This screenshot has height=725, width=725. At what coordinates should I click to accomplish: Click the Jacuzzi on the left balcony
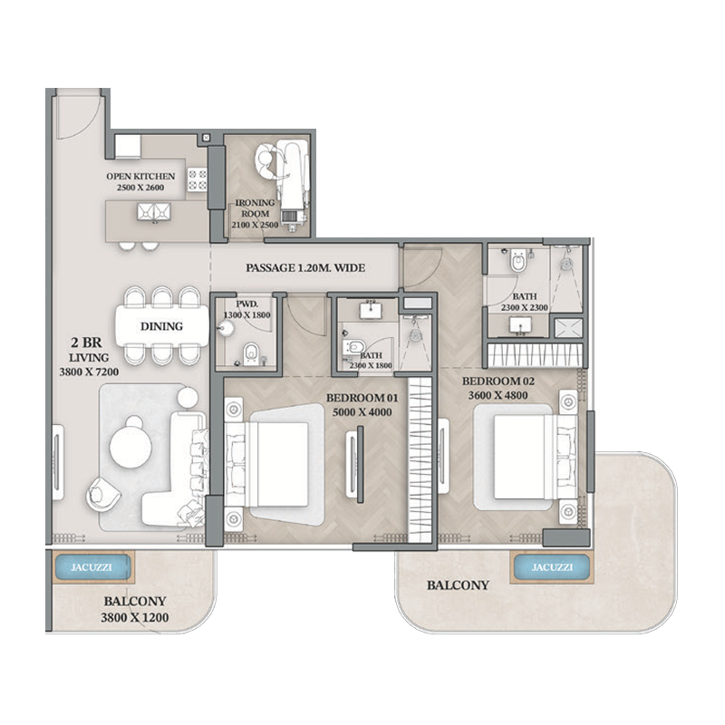(x=89, y=568)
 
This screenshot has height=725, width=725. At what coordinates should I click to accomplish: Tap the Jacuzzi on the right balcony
(x=552, y=568)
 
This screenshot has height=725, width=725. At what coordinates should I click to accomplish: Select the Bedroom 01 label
(x=362, y=404)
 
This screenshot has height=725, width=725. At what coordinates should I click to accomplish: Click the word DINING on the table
(x=161, y=326)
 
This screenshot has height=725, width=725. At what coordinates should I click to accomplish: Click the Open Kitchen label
(x=140, y=182)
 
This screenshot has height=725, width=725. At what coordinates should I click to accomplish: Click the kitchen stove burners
(x=196, y=179)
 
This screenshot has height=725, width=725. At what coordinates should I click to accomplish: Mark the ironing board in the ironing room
(x=293, y=181)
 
